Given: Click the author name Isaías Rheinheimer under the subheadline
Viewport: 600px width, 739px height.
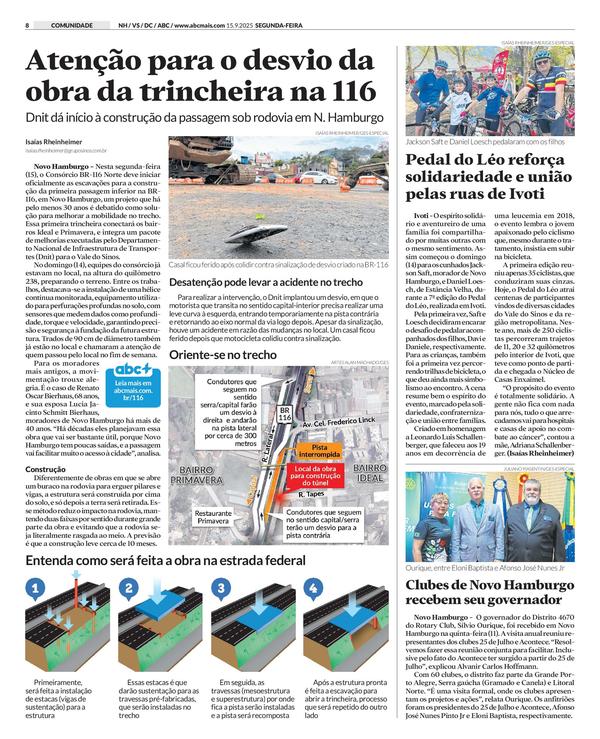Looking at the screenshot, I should pyautogui.click(x=53, y=141).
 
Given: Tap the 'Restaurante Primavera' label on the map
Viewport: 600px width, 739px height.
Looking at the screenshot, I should pyautogui.click(x=213, y=517).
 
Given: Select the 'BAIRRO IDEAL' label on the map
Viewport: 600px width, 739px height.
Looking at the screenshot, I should pyautogui.click(x=370, y=473).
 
